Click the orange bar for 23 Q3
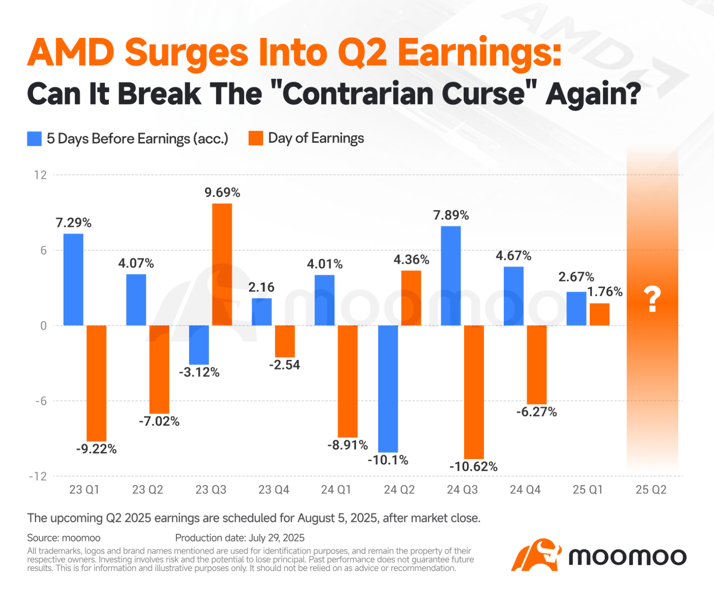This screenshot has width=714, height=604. (222, 264)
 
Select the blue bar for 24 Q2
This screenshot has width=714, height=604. (388, 389)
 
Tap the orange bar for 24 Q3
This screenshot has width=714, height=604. (474, 392)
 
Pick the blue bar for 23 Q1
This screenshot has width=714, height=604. (73, 279)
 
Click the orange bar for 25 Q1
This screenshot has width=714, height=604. (599, 314)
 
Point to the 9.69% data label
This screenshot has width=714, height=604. (222, 193)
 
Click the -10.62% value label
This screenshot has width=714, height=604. (473, 467)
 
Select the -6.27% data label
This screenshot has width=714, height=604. (536, 412)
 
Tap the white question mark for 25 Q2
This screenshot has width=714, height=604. (652, 299)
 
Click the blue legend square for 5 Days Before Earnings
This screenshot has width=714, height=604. (34, 139)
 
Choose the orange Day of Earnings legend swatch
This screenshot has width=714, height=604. (256, 138)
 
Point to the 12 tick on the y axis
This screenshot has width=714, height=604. (41, 175)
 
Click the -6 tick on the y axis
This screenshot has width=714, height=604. (41, 401)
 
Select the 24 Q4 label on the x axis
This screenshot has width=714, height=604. (525, 490)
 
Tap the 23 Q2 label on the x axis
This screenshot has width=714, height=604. (147, 490)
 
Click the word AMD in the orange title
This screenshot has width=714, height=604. (71, 53)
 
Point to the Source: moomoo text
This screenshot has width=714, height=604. (64, 538)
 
